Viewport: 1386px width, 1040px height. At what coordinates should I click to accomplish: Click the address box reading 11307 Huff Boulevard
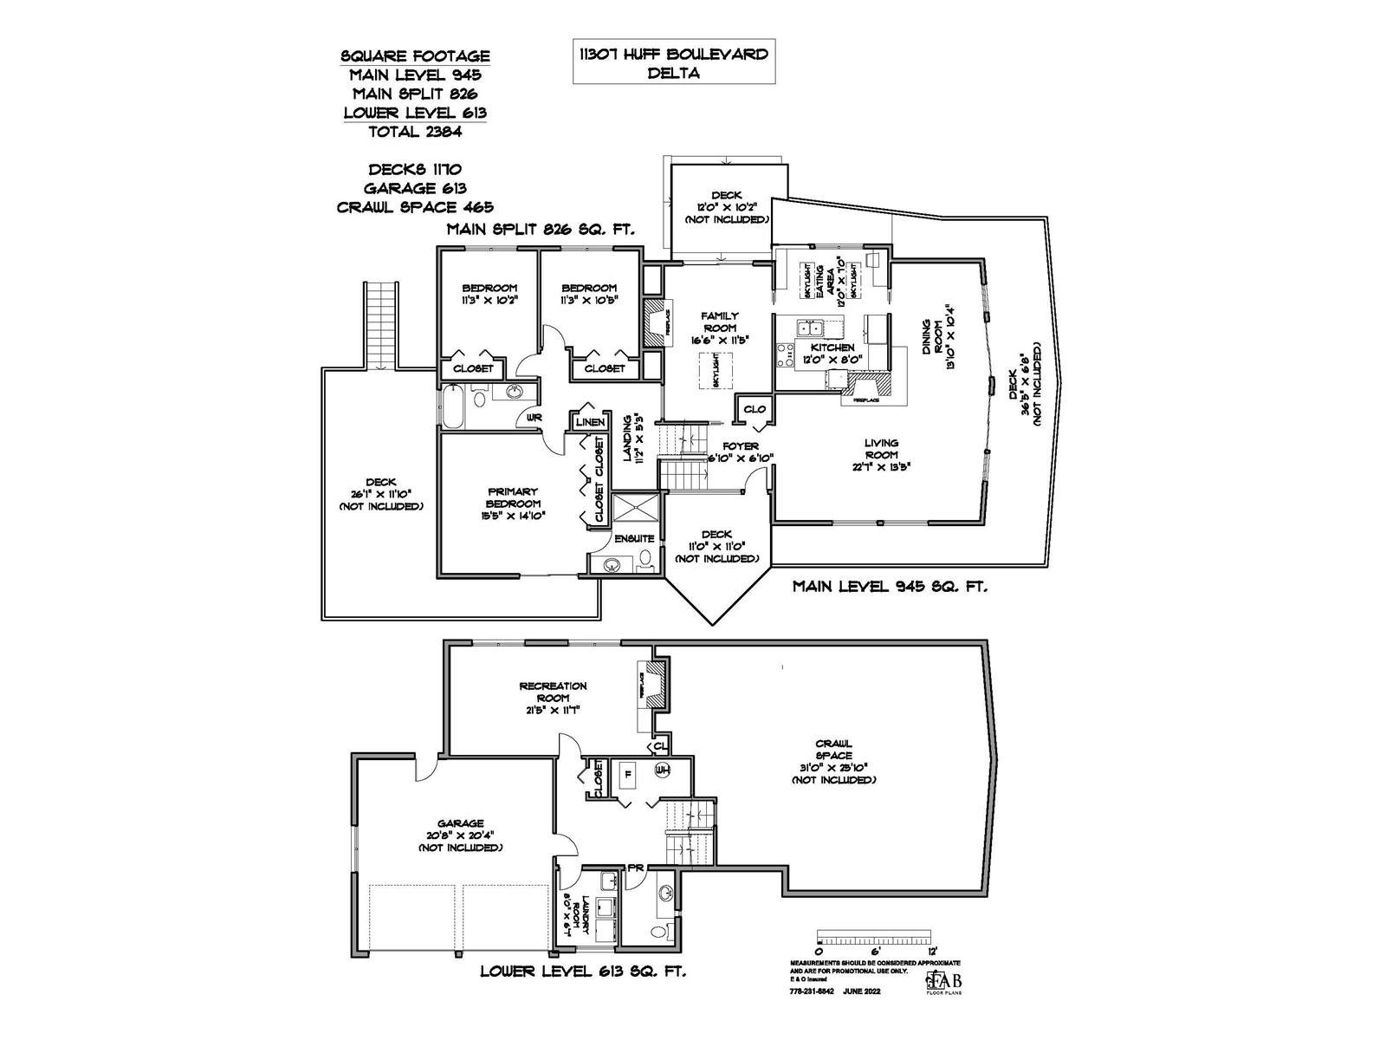(x=673, y=62)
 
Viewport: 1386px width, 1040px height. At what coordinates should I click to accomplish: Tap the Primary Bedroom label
(x=513, y=504)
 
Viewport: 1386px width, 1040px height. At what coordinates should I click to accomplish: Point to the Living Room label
(x=881, y=454)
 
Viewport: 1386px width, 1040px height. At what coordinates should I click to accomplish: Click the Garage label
(x=460, y=835)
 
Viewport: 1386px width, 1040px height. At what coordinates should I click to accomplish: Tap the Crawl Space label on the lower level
(x=833, y=761)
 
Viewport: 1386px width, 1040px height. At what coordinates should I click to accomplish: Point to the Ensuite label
(x=634, y=538)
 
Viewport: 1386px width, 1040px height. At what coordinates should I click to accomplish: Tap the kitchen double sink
(x=811, y=328)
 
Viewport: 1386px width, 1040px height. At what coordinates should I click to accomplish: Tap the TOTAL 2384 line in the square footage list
(x=415, y=132)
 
